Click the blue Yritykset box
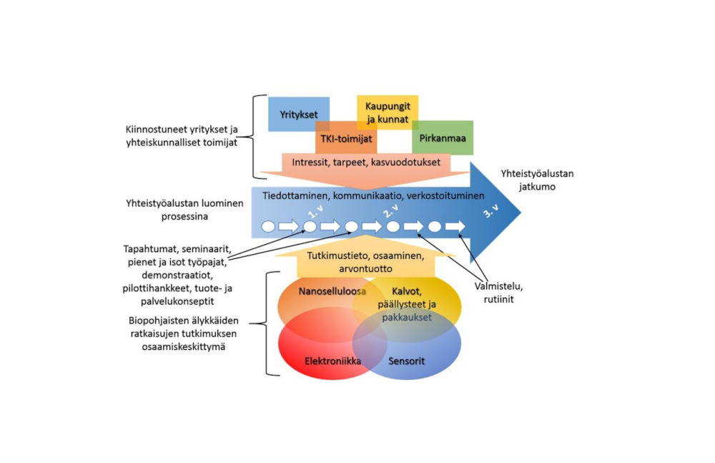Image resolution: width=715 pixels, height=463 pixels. click(x=298, y=114)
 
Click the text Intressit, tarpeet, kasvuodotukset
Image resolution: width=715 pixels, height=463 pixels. click(x=366, y=162)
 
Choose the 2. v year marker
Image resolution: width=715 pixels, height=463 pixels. click(x=390, y=212)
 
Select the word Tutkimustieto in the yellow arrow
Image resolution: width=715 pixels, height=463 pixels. click(x=337, y=255)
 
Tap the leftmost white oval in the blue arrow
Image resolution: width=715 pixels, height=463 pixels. click(x=269, y=227)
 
